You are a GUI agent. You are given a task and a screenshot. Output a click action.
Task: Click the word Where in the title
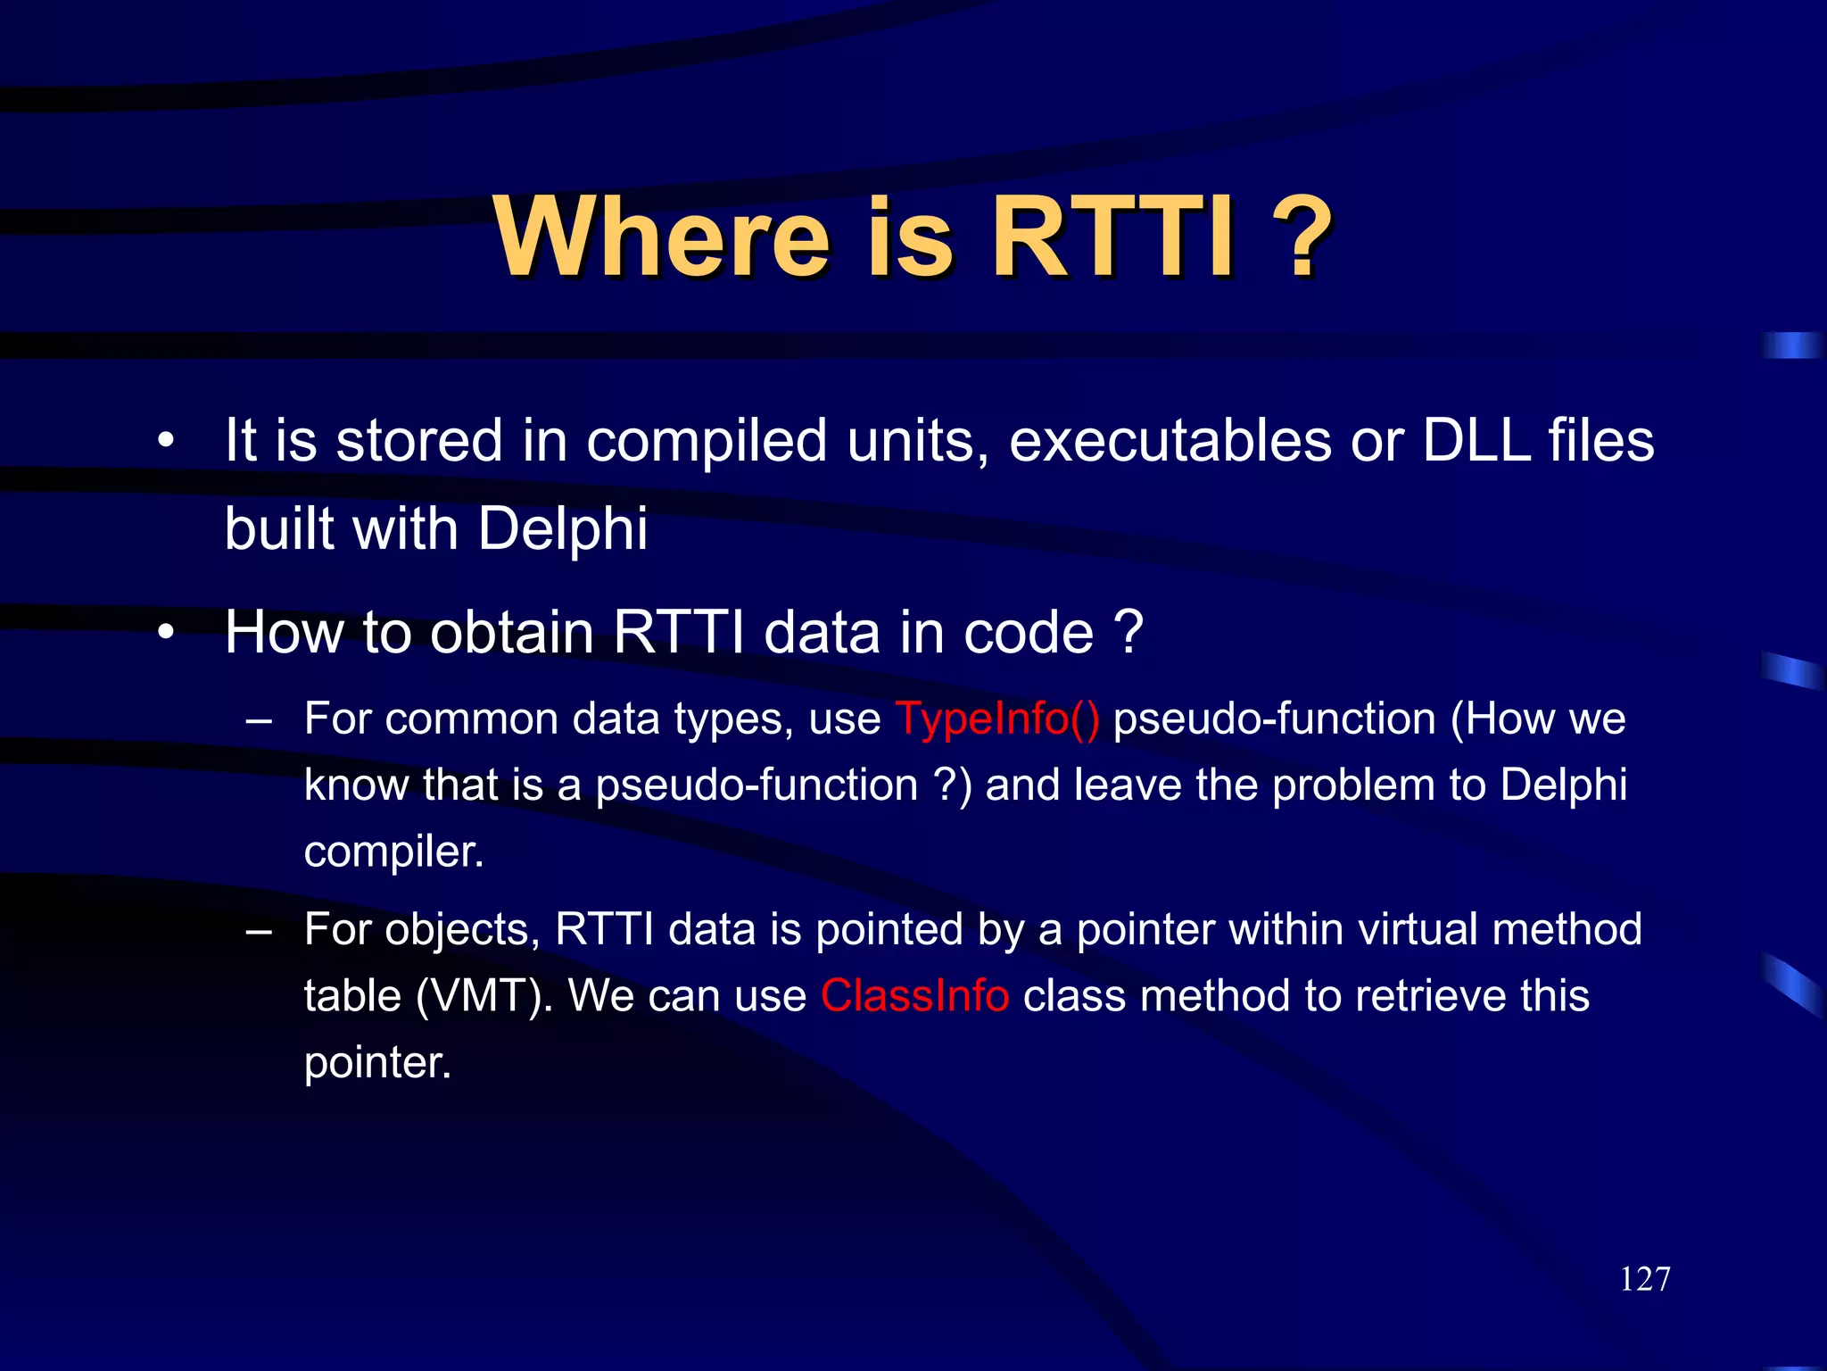coord(662,238)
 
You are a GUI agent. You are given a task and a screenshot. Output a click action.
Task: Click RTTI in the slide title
coord(1114,238)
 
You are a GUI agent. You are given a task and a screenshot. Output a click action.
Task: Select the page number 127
coord(1644,1279)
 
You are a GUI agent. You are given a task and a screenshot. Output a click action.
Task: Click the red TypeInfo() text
coord(996,719)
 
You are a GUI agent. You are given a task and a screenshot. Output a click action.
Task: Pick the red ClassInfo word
coord(914,995)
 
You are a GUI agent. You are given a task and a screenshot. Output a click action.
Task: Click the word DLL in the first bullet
coord(1476,440)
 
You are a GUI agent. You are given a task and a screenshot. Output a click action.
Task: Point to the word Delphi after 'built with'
coord(562,528)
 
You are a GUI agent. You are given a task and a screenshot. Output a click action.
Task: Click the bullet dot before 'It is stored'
coord(165,440)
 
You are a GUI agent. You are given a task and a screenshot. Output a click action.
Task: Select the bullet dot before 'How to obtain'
coord(165,632)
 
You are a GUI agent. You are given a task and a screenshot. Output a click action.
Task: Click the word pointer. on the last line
coord(377,1062)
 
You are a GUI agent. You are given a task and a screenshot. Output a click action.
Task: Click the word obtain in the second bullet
coord(512,632)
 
